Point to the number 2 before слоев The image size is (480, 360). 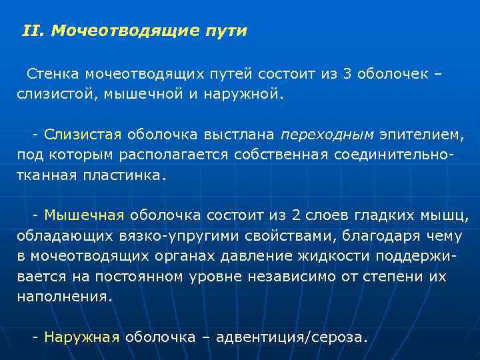297,215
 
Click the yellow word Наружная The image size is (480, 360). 82,337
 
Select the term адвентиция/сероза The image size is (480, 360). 293,337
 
